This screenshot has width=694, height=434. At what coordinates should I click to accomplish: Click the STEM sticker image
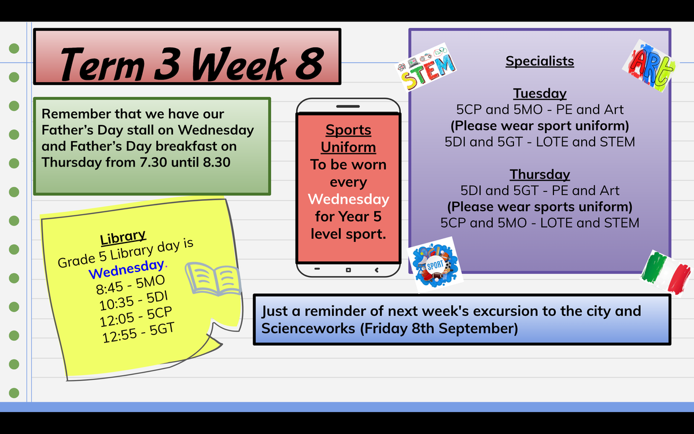(426, 67)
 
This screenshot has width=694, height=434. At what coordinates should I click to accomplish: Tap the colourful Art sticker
(650, 66)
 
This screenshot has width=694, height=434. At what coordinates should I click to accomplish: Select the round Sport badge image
(435, 265)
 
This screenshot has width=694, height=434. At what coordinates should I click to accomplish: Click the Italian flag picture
(666, 273)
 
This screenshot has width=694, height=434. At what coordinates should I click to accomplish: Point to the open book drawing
(213, 279)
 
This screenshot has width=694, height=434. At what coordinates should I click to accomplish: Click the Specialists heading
(540, 61)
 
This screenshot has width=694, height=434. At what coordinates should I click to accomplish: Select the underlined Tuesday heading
(540, 93)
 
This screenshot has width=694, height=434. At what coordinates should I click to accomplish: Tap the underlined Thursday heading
(540, 174)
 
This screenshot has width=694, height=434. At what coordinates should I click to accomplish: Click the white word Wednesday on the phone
(348, 199)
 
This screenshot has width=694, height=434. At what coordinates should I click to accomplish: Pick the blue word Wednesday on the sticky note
(127, 269)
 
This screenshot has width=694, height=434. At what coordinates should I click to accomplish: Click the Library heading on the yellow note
(123, 237)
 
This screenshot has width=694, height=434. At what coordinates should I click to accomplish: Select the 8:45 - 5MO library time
(131, 285)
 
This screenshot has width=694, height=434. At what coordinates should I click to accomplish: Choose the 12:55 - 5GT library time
(138, 333)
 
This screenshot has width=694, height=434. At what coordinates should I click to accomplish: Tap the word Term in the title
(102, 64)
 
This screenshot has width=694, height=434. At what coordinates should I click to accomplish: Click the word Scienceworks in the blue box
(308, 329)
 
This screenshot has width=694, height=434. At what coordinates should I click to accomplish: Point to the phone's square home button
(348, 270)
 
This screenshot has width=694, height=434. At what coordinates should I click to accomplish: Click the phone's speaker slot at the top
(348, 106)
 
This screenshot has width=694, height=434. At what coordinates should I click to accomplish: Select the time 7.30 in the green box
(153, 162)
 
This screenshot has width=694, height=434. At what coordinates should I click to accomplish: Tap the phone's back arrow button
(376, 270)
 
